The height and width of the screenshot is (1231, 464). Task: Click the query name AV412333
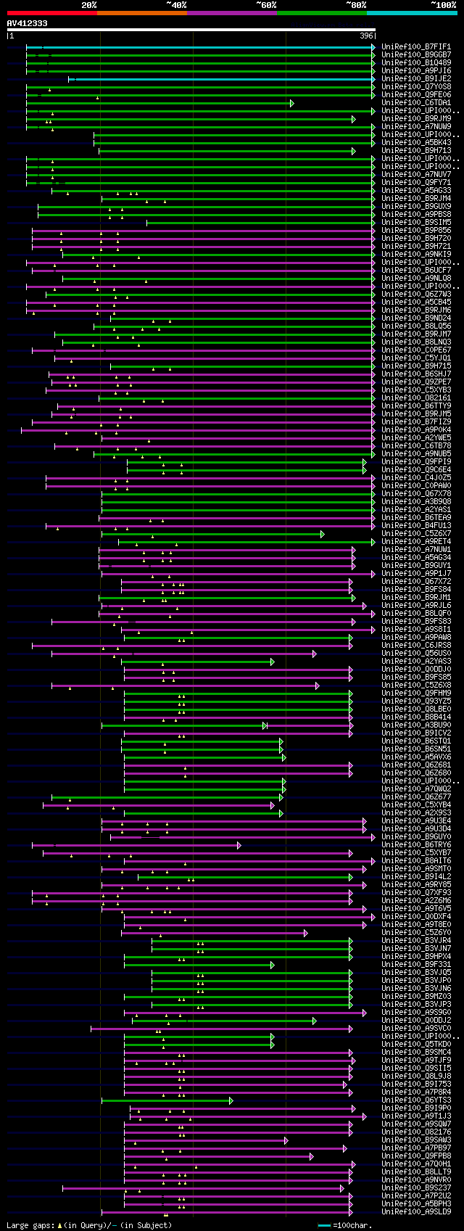pyautogui.click(x=28, y=23)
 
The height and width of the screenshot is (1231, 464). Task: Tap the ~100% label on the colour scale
pyautogui.click(x=443, y=5)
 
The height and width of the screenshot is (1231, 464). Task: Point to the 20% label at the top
pyautogui.click(x=88, y=5)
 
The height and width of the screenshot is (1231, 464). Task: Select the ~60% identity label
pyautogui.click(x=265, y=5)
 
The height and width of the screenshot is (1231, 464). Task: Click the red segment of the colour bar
pyautogui.click(x=51, y=12)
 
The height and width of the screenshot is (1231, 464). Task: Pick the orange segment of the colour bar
pyautogui.click(x=141, y=12)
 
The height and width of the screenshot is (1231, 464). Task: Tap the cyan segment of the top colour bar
pyautogui.click(x=411, y=12)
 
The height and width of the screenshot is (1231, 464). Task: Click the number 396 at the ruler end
pyautogui.click(x=366, y=36)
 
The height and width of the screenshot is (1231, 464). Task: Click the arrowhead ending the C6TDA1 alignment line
pyautogui.click(x=292, y=103)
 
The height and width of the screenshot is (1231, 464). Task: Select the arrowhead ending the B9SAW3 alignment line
pyautogui.click(x=286, y=1140)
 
